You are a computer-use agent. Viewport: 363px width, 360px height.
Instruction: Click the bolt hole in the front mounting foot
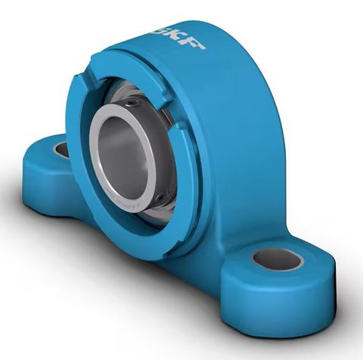coord(277,259)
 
